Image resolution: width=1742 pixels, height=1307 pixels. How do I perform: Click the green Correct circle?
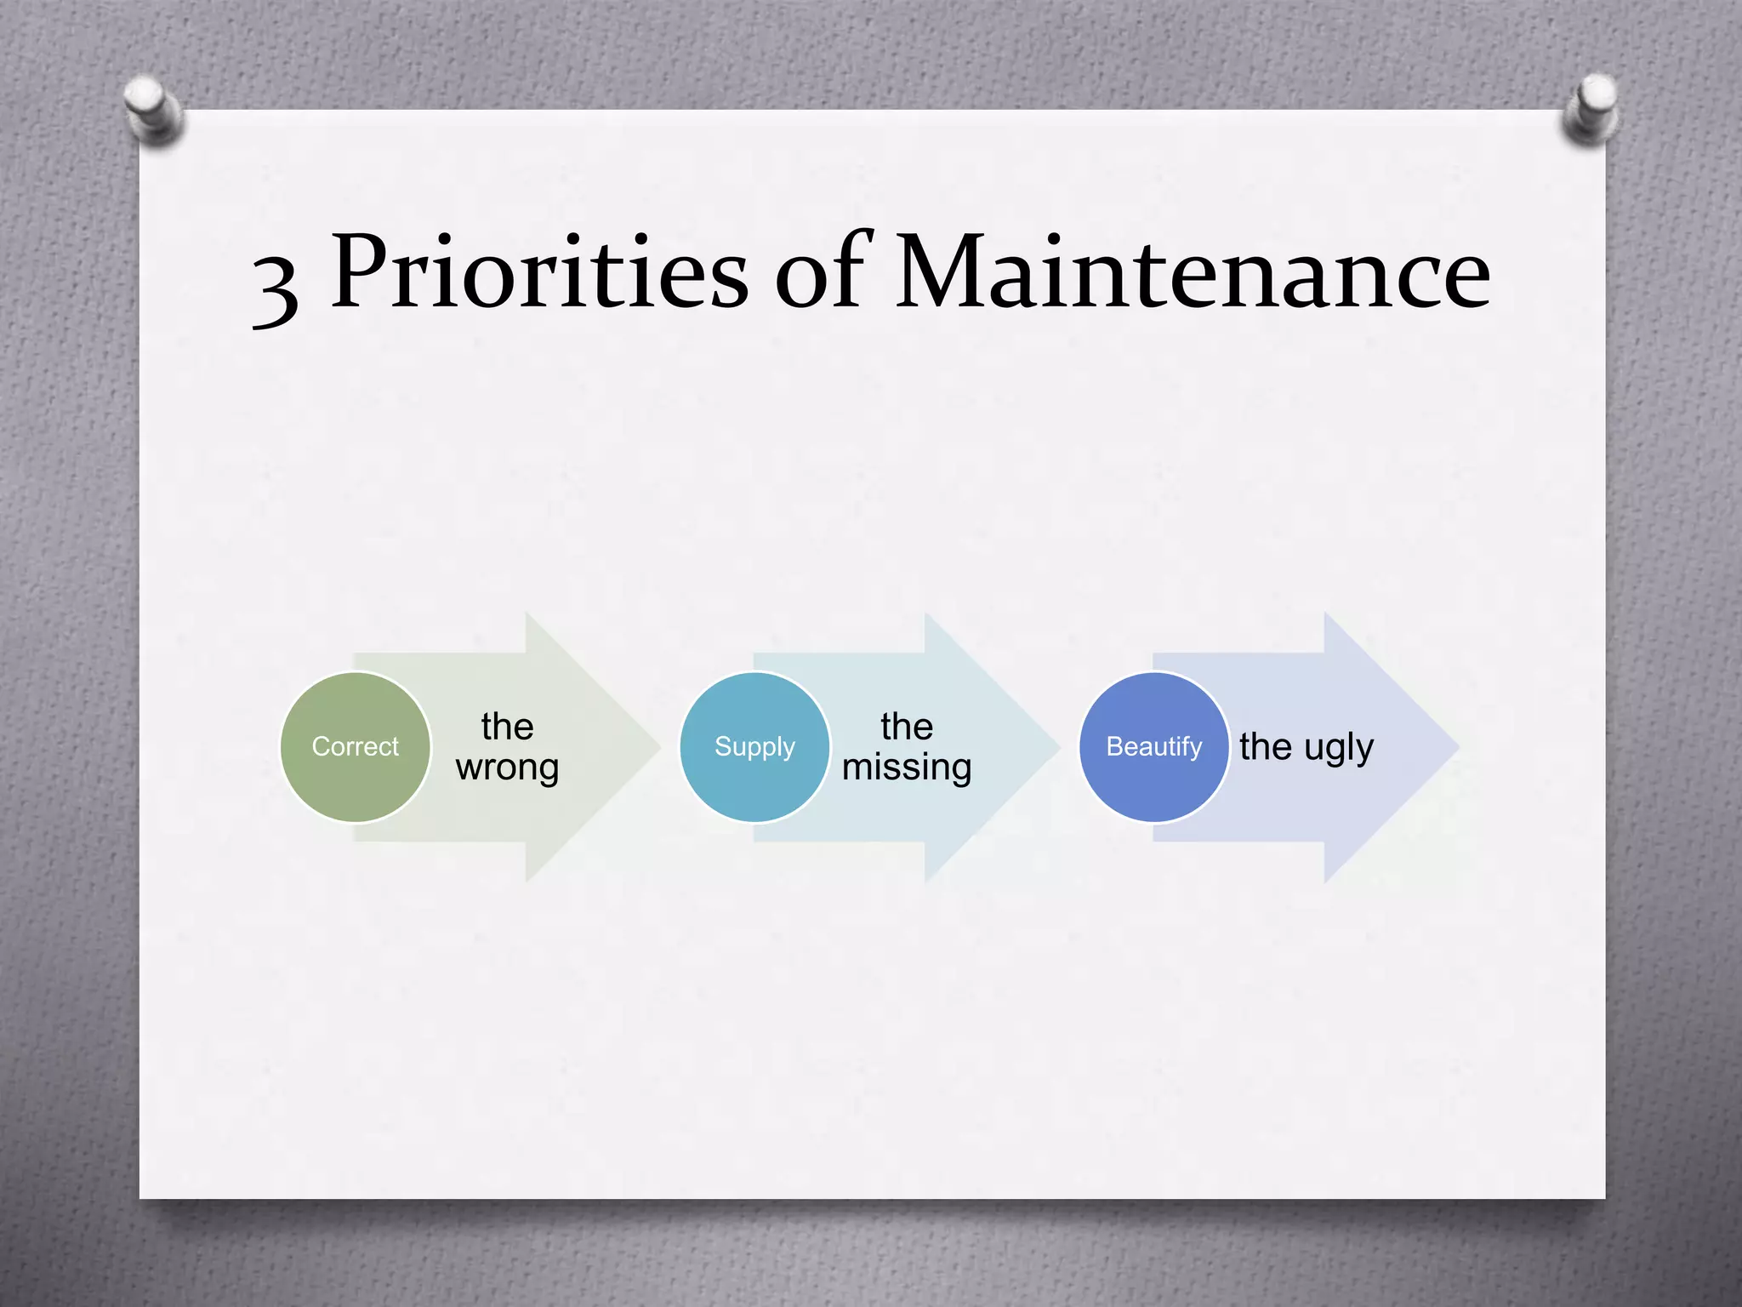click(356, 747)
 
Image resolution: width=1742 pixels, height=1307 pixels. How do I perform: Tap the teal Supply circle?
click(754, 747)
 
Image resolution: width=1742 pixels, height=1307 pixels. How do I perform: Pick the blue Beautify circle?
click(1153, 747)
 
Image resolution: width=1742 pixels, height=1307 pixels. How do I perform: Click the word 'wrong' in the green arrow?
click(508, 768)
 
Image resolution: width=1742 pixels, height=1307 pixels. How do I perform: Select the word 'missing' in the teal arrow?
click(907, 768)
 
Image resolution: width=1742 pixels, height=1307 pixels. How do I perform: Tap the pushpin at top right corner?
click(1591, 109)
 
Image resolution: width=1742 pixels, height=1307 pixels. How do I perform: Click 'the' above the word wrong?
click(508, 727)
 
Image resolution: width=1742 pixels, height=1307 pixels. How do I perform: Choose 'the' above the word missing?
click(907, 727)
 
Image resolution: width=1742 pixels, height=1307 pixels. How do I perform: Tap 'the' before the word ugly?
click(1266, 747)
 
